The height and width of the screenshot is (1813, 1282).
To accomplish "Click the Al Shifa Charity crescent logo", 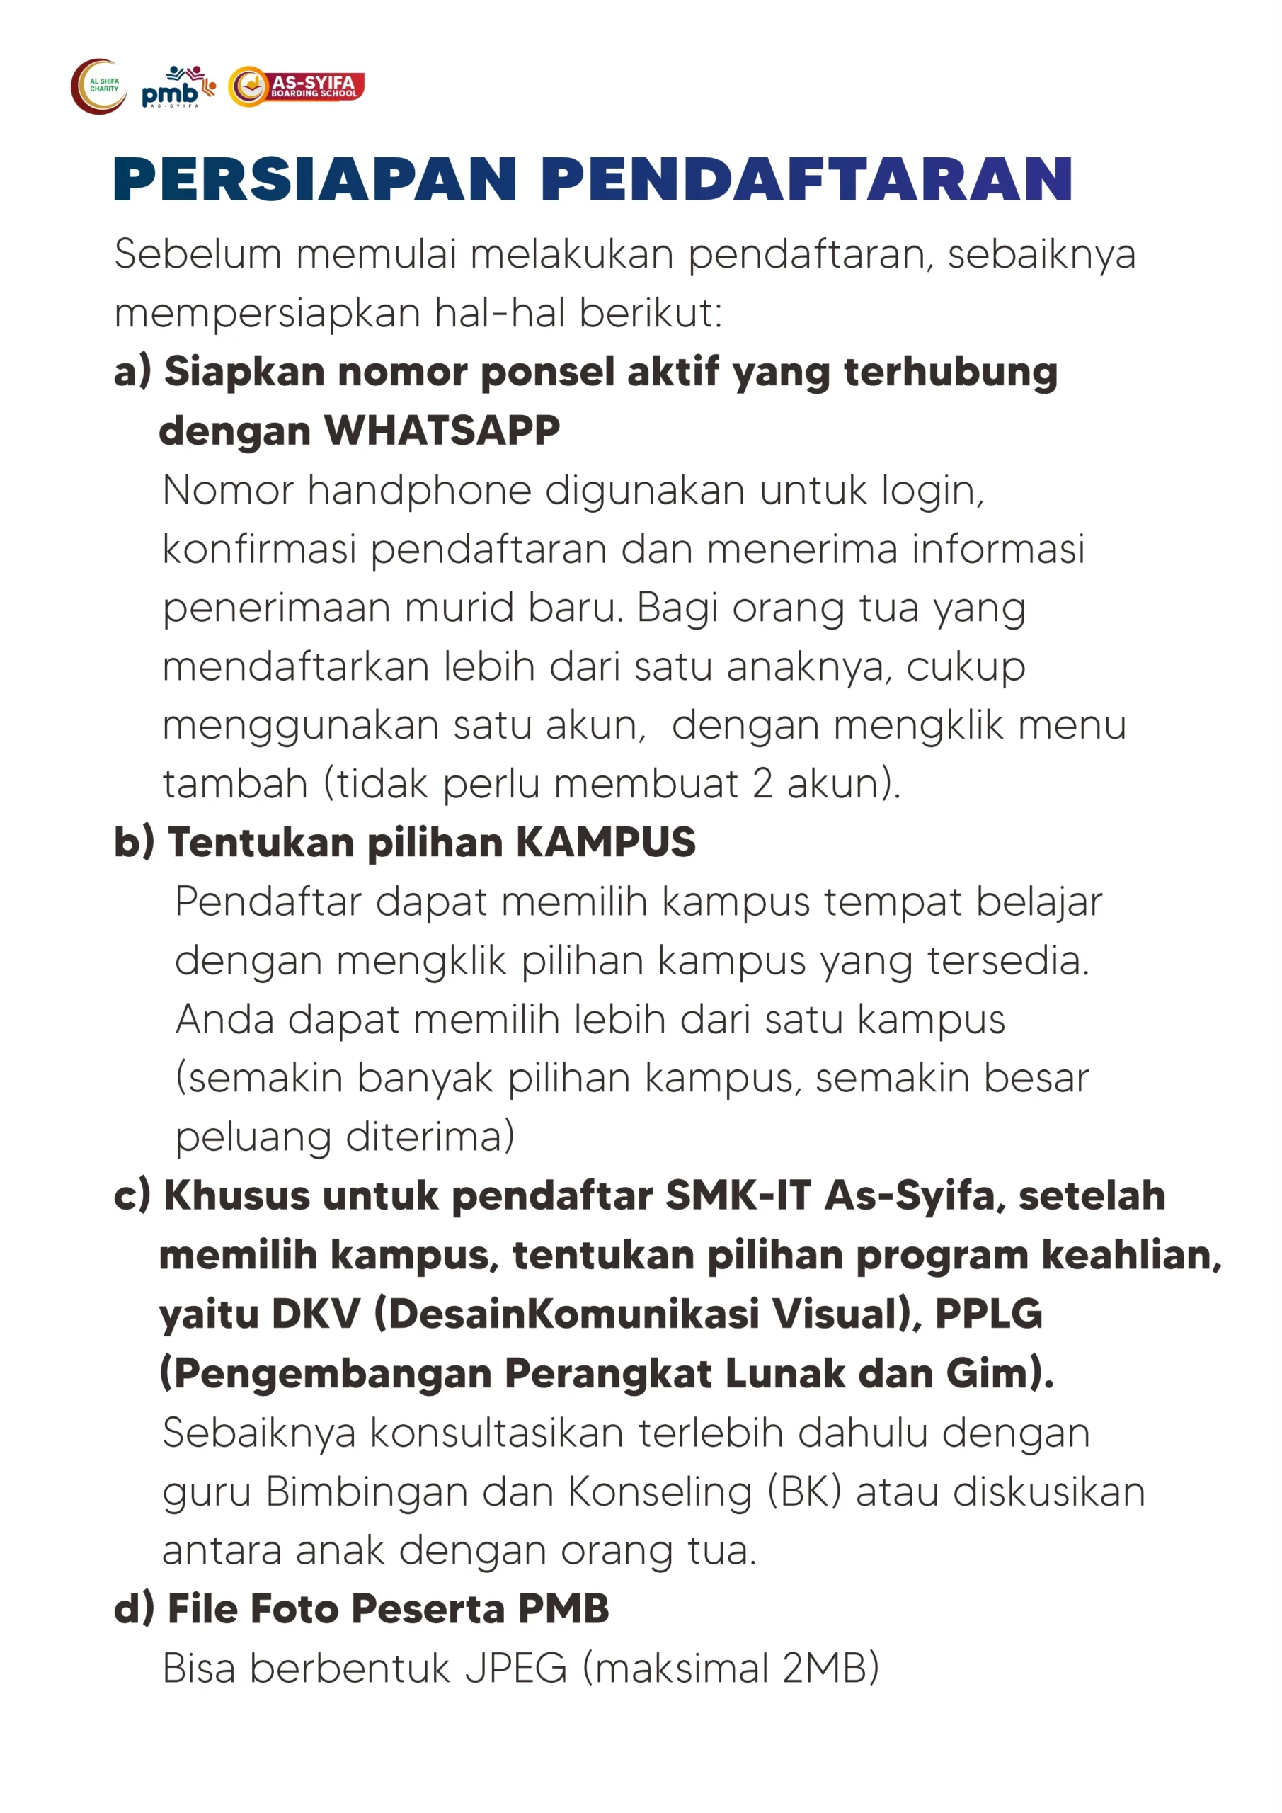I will click(x=98, y=86).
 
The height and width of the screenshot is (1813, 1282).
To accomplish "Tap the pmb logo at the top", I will click(x=177, y=88).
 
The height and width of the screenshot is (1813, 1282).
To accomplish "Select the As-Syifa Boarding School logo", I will click(x=297, y=87).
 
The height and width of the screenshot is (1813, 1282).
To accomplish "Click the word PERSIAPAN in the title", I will click(x=316, y=179).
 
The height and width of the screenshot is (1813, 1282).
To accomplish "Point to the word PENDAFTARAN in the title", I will click(x=807, y=179).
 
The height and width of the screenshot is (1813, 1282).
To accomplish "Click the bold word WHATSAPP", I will click(x=442, y=431).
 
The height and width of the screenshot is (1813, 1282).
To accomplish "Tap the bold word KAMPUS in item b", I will click(x=605, y=842).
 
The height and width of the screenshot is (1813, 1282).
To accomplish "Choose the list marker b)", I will click(x=133, y=842).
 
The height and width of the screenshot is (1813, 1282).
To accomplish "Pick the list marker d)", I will click(x=133, y=1608).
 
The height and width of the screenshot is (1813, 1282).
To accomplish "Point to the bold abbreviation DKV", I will click(x=315, y=1313).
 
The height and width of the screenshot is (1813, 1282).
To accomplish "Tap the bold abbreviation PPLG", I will click(x=988, y=1313).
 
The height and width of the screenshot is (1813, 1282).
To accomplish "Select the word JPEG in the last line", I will click(x=515, y=1668).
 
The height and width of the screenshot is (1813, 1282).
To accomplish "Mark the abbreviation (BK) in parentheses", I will click(x=804, y=1491).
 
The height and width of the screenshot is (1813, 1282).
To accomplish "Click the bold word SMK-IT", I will click(x=738, y=1195).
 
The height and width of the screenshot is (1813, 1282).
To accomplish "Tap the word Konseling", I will click(x=660, y=1491).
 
